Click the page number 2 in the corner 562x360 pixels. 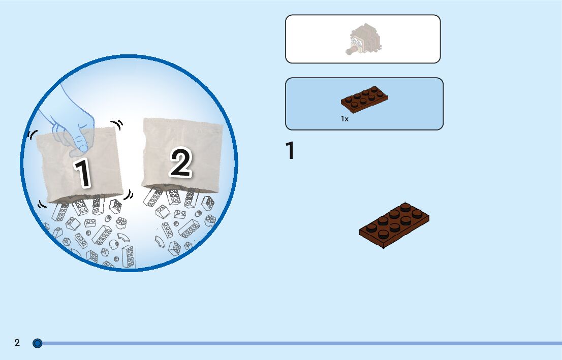point(17,343)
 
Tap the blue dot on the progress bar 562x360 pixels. point(37,343)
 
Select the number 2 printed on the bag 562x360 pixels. point(180,163)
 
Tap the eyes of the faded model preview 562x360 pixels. point(357,43)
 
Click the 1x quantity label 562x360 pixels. point(345,119)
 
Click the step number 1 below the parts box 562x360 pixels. point(290,151)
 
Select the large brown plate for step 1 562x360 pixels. point(394,224)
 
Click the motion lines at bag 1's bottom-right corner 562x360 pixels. point(129,194)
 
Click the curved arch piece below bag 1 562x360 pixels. point(123,237)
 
